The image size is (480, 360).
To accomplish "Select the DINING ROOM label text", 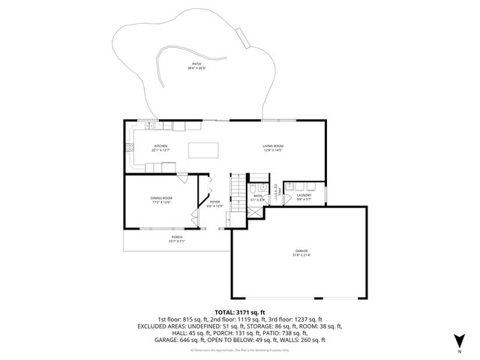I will click(161, 199).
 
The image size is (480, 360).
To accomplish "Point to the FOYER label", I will click(214, 203).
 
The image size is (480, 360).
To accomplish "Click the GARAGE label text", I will click(301, 252).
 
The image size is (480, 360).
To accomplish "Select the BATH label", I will click(257, 197).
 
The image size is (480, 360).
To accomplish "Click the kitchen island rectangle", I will click(200, 150).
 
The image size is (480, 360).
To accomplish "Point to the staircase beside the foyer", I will click(237, 189).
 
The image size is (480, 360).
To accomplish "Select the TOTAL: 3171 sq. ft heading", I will click(240, 312).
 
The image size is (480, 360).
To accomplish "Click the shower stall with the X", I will click(255, 211).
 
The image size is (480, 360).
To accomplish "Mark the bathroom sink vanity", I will click(265, 187).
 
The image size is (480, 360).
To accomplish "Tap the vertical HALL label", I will click(277, 193).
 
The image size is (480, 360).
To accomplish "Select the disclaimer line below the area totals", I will click(240, 349).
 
